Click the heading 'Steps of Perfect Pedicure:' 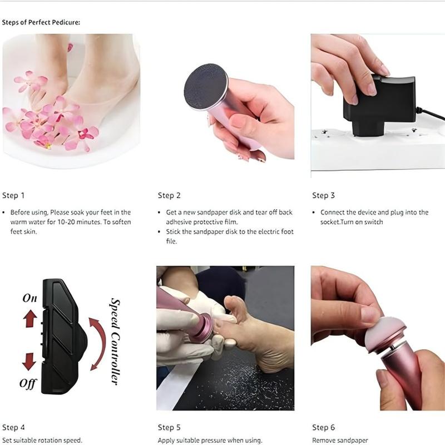coord(41,23)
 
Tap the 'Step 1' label coord(13,195)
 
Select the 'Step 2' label coord(169,195)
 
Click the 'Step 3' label coord(323,195)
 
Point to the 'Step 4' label coord(13,427)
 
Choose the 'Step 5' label coord(169,427)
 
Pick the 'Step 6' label coord(323,427)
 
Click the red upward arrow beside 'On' coord(30,319)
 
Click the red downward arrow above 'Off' coord(29,362)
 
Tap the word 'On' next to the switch coord(29,298)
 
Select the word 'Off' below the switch coord(28,383)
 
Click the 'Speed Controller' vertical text coord(115,341)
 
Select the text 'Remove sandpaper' coord(339,440)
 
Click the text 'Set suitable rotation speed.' coord(42,440)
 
